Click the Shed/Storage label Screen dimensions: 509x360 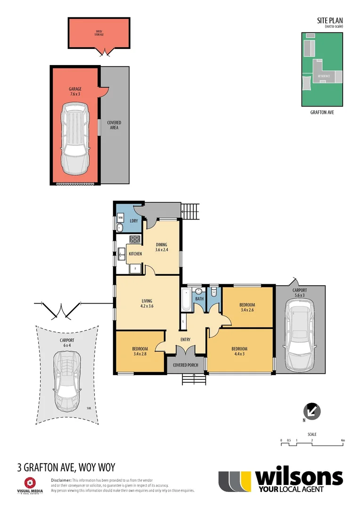[99, 33]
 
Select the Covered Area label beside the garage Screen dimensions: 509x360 [114, 125]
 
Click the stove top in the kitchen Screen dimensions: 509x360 [135, 239]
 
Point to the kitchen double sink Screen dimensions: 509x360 [122, 254]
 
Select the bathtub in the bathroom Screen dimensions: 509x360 [185, 300]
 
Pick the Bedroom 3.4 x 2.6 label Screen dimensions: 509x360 [247, 307]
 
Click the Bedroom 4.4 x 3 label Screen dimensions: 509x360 [239, 352]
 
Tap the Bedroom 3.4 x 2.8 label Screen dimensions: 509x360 [140, 352]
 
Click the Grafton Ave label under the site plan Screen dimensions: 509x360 [322, 113]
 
